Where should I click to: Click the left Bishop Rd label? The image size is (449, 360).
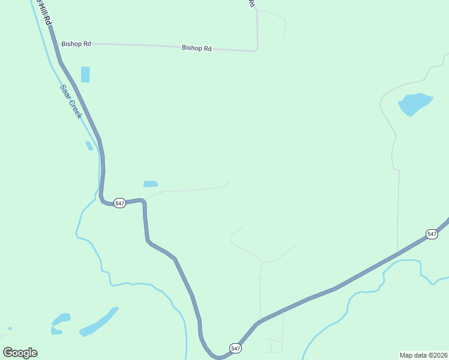76,44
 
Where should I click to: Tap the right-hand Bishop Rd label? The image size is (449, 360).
197,48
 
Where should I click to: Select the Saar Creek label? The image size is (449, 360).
70,101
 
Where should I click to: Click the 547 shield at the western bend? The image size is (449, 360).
119,203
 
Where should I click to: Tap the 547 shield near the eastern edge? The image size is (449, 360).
432,233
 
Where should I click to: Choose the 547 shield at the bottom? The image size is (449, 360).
235,348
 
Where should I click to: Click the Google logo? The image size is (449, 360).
20,353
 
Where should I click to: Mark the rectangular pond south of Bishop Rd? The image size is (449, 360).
85,74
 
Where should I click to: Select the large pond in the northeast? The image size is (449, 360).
414,104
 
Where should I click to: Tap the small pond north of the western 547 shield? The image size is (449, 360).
151,184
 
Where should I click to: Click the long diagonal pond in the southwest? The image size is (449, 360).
98,322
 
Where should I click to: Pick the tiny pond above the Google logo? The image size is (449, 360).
10,328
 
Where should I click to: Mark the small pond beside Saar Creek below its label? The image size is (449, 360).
89,145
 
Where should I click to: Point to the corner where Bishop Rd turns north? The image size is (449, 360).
256,50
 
